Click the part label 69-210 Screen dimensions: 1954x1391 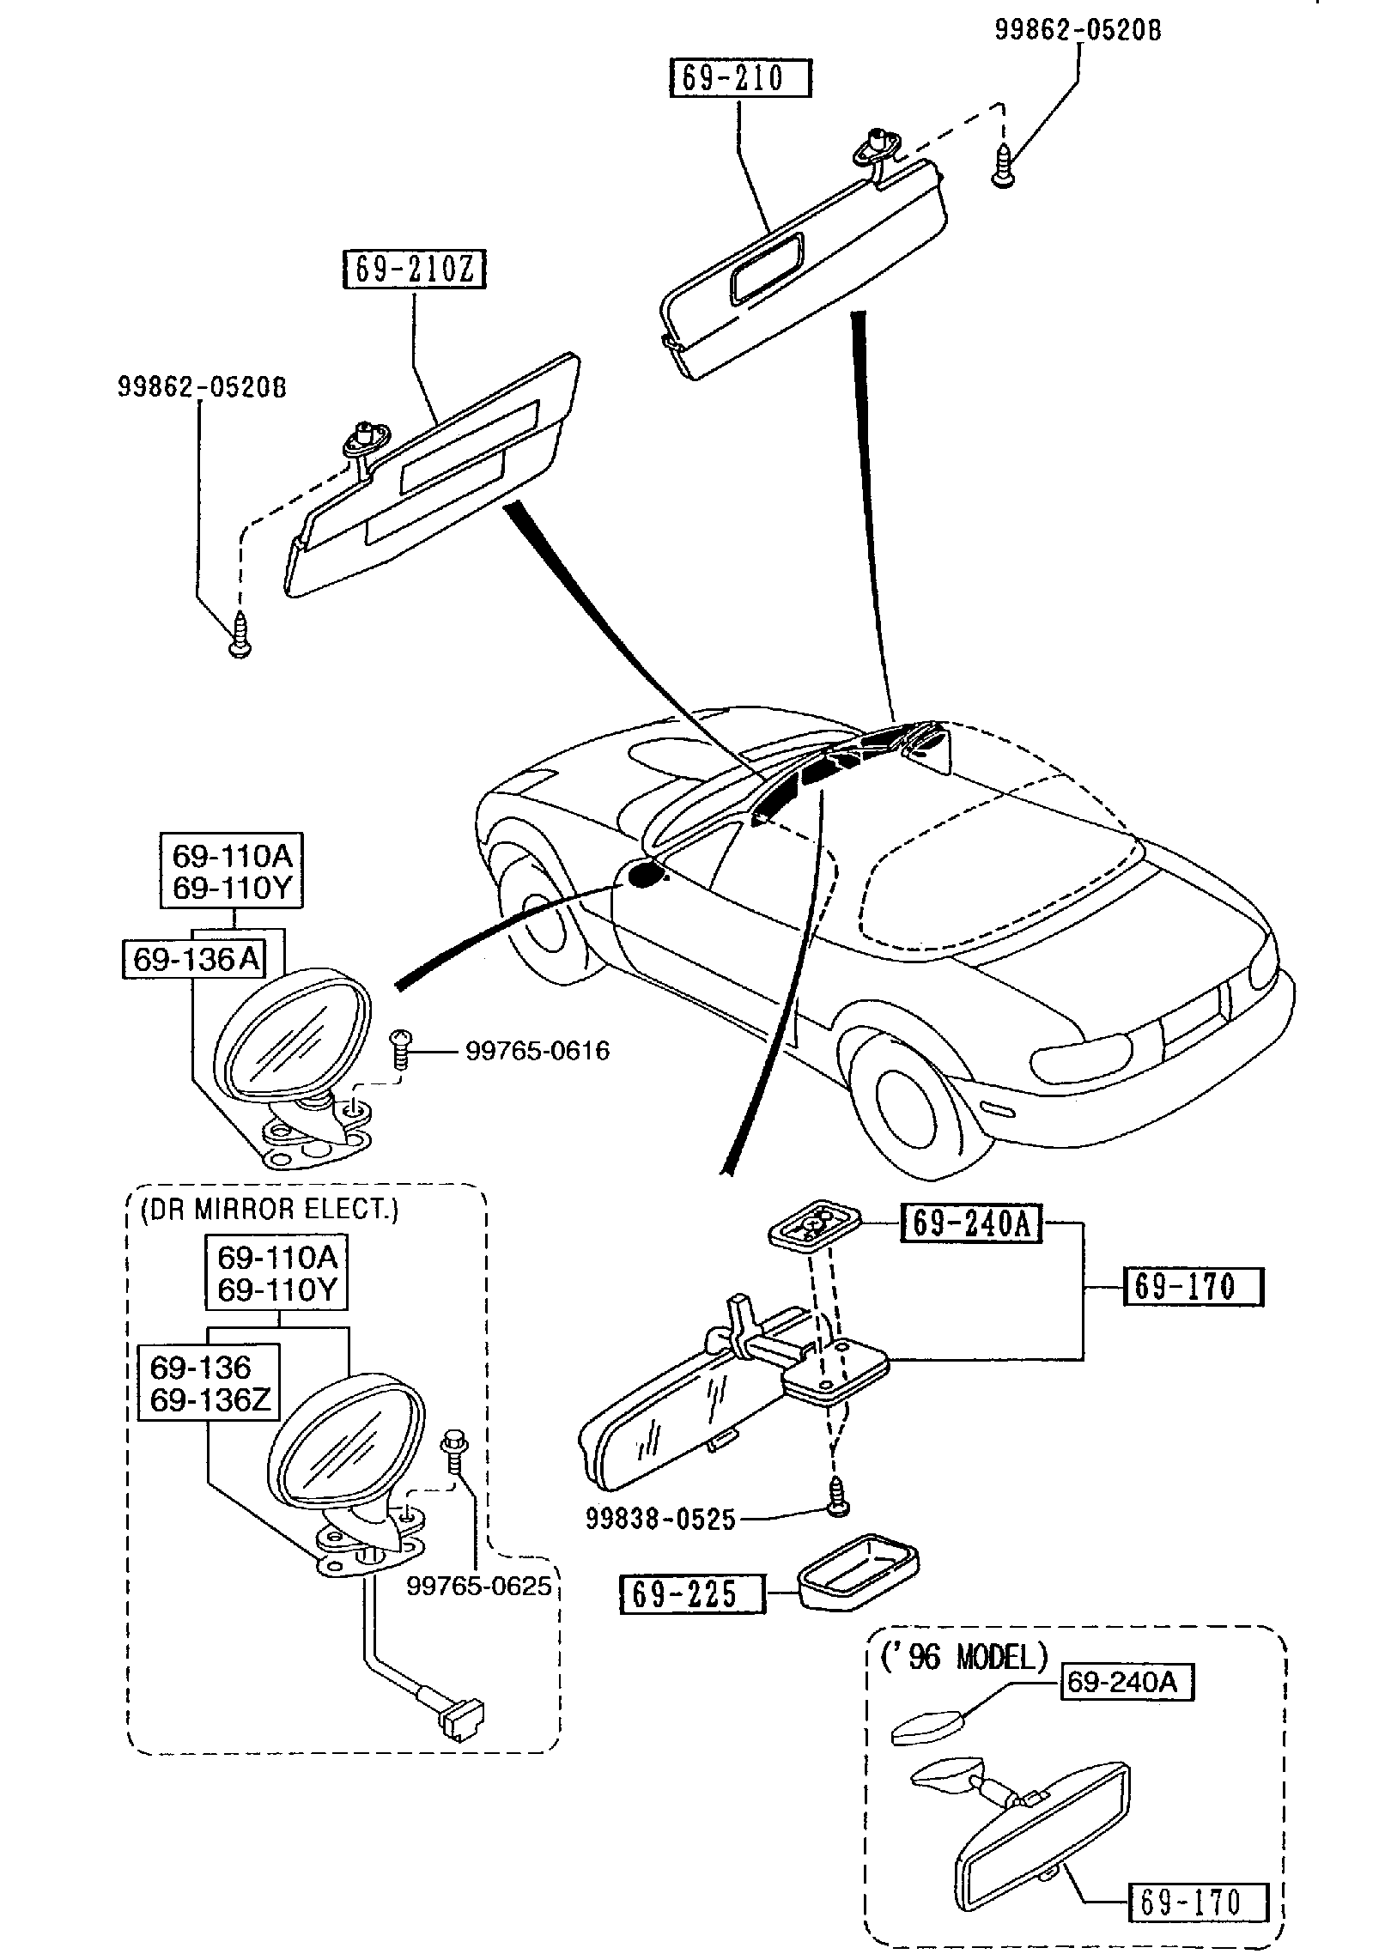[x=739, y=79]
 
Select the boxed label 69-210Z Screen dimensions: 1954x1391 [x=414, y=270]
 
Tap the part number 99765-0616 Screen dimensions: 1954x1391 [x=538, y=1050]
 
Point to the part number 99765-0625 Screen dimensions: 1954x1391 [x=478, y=1585]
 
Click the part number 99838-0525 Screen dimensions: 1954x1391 [x=660, y=1520]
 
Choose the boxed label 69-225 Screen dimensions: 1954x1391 [x=691, y=1594]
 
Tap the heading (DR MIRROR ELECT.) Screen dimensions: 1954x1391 [x=269, y=1210]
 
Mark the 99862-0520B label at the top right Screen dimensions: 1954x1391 [x=1078, y=31]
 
